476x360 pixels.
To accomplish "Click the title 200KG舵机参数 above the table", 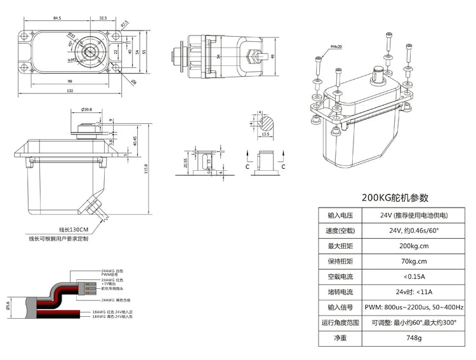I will tap(395, 197).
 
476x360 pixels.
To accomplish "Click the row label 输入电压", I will tap(341, 215).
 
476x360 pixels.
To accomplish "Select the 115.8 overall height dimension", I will tap(147, 171).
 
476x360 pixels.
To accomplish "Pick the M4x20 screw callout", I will tap(336, 47).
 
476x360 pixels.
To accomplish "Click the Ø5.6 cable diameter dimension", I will tap(8, 305).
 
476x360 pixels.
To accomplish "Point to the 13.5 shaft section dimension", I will tap(267, 135).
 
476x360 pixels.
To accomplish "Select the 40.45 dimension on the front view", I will tap(135, 139).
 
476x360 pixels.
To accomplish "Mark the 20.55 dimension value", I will tap(186, 163).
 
